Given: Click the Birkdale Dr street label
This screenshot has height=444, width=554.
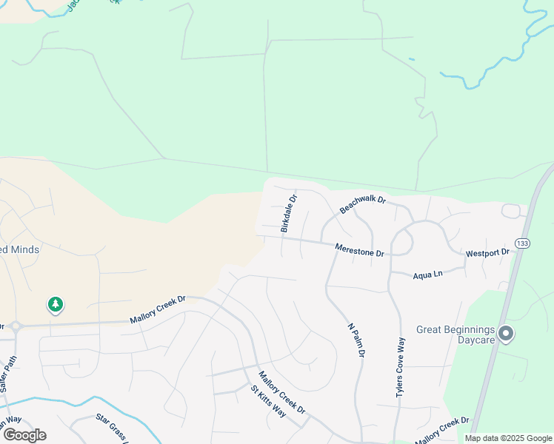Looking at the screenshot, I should click(x=289, y=214).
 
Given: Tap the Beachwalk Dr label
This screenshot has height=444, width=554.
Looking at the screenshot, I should click(x=363, y=204).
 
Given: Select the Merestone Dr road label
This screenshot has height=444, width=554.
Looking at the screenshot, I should click(x=359, y=251).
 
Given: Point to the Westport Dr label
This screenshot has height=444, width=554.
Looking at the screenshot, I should click(x=487, y=253).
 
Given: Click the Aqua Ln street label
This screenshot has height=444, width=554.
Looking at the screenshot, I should click(x=427, y=274).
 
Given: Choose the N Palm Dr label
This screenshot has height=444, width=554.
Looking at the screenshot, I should click(x=356, y=340).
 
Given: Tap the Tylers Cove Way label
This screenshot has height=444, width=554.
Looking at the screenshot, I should click(x=401, y=368).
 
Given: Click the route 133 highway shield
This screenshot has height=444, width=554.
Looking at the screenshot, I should click(x=522, y=243).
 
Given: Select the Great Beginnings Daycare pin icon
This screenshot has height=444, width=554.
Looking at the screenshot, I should click(x=506, y=334).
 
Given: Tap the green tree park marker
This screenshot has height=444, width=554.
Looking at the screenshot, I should click(x=55, y=303).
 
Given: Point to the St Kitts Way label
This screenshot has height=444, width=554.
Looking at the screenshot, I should click(x=267, y=400).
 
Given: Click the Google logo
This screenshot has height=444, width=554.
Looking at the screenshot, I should click(x=24, y=435).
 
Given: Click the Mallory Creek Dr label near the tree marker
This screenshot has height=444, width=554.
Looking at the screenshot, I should click(x=157, y=310).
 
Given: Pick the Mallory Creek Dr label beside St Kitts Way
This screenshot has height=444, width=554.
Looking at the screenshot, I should click(x=281, y=393).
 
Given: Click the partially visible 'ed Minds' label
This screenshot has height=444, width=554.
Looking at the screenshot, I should click(x=19, y=249).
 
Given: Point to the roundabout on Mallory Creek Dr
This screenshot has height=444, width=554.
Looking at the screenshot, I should click(x=14, y=326).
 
